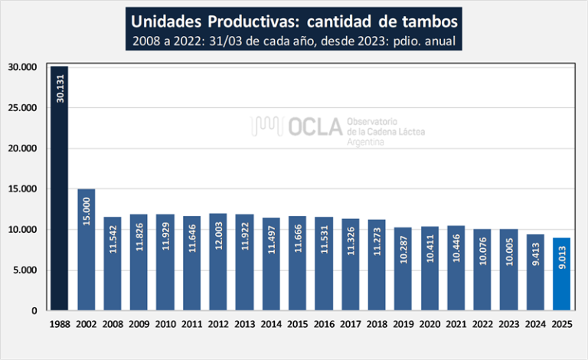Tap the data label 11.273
click(x=377, y=243)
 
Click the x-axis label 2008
click(x=113, y=325)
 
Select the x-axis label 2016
click(x=324, y=325)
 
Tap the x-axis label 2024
click(x=534, y=325)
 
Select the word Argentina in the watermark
click(x=365, y=143)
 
